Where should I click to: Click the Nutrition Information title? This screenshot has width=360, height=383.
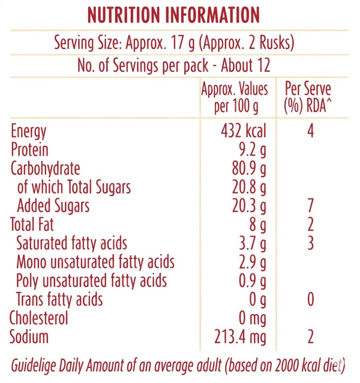coord(174,15)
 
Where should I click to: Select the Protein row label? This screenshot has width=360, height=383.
coord(29,150)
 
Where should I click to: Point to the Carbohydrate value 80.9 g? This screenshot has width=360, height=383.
coord(248,168)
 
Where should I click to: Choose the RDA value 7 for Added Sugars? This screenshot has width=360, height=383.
coord(310,206)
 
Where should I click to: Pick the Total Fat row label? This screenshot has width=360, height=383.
coord(32,225)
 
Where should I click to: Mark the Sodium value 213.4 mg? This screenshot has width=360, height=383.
coord(240,337)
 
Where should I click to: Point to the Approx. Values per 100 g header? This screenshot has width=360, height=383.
coord(234,99)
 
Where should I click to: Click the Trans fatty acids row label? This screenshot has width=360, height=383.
coord(59,300)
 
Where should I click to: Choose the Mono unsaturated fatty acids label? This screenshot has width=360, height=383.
coord(95,262)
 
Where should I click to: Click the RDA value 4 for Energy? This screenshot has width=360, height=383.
coord(310,131)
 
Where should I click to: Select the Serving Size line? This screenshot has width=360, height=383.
coord(174,44)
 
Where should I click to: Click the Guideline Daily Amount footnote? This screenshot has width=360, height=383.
coord(178,365)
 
